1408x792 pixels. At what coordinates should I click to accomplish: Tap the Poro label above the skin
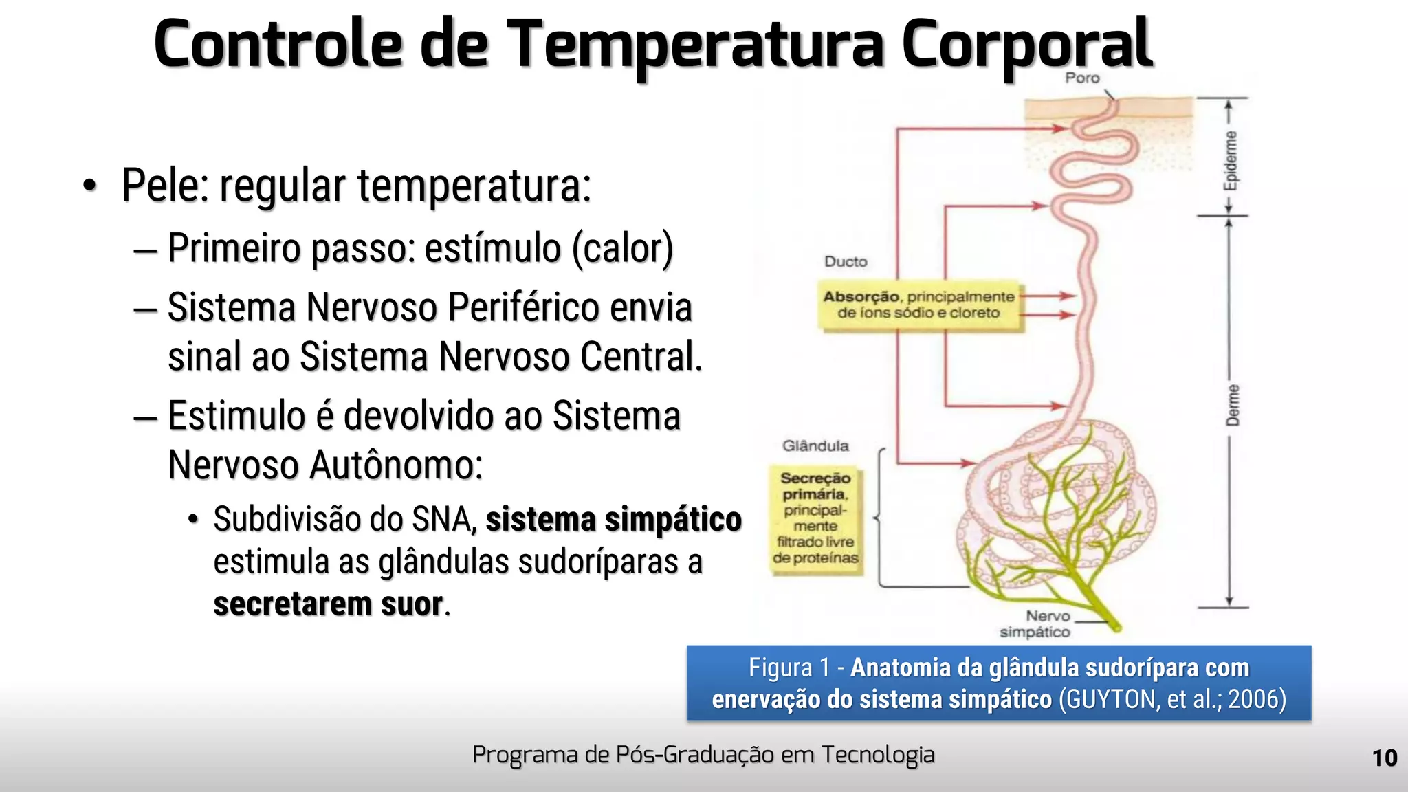click(1082, 78)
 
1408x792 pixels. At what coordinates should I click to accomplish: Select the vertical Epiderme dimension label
click(1231, 161)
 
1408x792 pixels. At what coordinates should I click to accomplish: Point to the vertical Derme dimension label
click(1233, 406)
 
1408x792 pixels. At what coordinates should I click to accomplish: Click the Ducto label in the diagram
click(846, 262)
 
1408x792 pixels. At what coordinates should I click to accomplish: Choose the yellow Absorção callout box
click(919, 305)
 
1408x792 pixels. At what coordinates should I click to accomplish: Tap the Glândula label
click(815, 446)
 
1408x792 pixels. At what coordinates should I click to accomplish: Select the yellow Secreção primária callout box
click(815, 518)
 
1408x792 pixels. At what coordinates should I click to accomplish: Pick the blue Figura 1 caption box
click(998, 683)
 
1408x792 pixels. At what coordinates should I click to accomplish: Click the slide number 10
click(1385, 758)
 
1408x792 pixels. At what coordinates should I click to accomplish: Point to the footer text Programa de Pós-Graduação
click(703, 755)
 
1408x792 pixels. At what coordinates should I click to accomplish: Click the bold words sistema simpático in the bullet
click(613, 520)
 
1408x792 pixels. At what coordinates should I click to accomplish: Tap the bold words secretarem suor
click(329, 605)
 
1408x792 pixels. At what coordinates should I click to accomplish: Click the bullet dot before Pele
click(89, 186)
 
